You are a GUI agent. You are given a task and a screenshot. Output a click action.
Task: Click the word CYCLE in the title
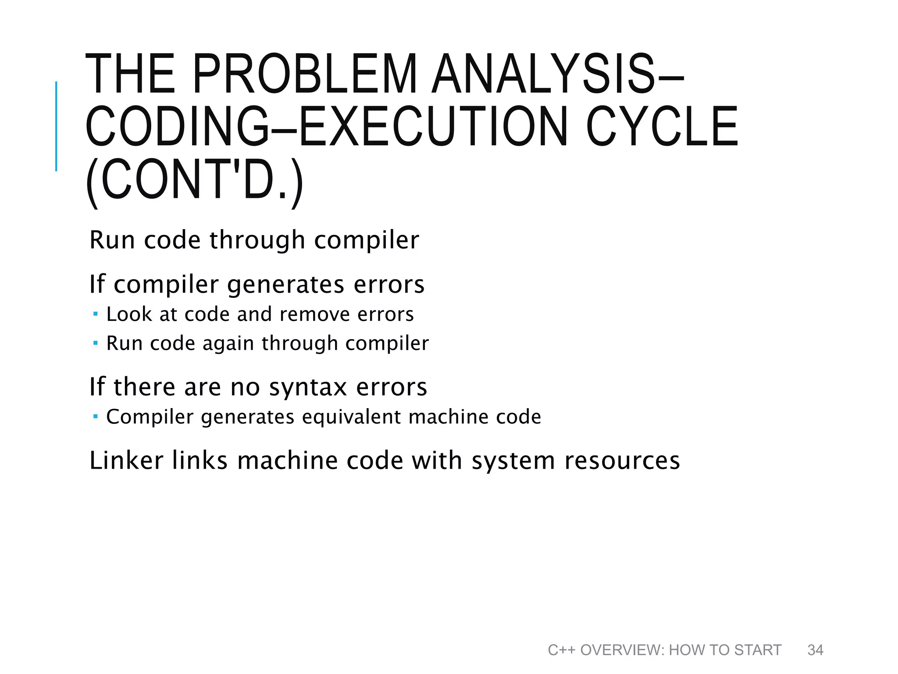(x=662, y=127)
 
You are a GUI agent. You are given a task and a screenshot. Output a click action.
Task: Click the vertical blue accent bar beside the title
(x=56, y=126)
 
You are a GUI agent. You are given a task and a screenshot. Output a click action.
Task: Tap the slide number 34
(x=815, y=650)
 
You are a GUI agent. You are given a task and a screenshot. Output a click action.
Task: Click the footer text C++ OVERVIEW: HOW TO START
(x=664, y=650)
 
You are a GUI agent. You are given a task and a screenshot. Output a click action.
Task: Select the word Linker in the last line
(x=126, y=461)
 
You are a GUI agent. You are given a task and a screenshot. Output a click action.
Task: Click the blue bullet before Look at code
(x=96, y=314)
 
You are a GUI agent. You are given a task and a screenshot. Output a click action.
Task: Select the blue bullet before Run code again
(x=96, y=343)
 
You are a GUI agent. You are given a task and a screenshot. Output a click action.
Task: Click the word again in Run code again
(x=228, y=344)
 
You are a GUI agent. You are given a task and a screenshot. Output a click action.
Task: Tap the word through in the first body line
(x=257, y=240)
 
